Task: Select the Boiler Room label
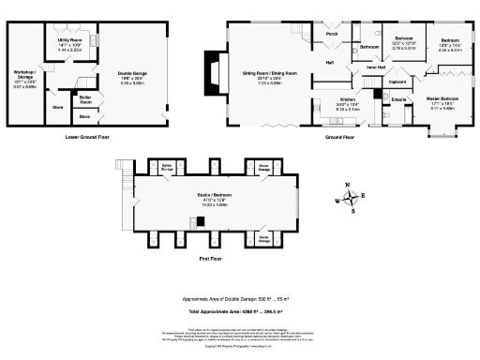click(x=85, y=97)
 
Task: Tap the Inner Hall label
click(x=375, y=67)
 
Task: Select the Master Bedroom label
click(x=442, y=99)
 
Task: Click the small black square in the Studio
click(x=200, y=222)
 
